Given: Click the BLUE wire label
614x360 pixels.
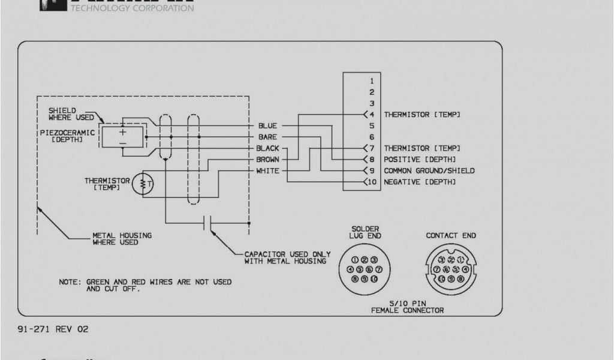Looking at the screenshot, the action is (267, 126).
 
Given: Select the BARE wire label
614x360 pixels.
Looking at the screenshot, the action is (267, 137).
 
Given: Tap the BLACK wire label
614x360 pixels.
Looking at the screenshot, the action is (267, 148).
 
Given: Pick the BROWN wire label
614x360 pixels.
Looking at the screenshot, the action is (267, 160).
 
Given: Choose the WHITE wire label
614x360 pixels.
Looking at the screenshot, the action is (267, 171).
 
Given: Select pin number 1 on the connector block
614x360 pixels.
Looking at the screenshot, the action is (372, 80).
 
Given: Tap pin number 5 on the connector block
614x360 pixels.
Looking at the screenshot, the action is (372, 126).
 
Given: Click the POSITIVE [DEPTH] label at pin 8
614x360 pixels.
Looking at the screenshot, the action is (420, 160).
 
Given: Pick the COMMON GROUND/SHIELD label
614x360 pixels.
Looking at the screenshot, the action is (429, 171).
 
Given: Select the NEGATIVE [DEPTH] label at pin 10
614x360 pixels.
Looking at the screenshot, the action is (420, 182).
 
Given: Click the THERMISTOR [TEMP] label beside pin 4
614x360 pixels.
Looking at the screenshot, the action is (422, 114).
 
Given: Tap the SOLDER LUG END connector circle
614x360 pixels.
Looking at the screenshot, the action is (365, 269).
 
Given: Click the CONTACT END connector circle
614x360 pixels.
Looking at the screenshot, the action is (451, 269).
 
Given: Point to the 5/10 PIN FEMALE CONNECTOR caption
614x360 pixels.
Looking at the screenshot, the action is (408, 307).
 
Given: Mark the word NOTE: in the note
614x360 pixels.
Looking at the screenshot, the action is (70, 281).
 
